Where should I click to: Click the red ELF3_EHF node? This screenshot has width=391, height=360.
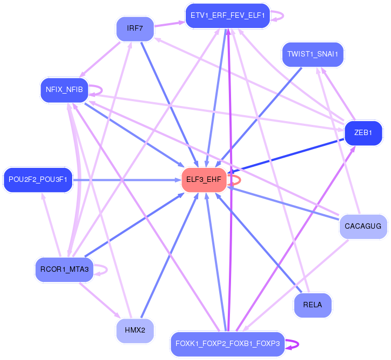(x=204, y=180)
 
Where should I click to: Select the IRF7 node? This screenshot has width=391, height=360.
(x=135, y=29)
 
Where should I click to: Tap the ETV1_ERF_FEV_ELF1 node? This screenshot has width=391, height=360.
(x=227, y=16)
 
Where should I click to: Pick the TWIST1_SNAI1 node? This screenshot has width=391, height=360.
(x=312, y=54)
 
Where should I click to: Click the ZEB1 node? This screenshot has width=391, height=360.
(x=363, y=133)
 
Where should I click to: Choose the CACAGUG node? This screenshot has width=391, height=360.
(x=363, y=226)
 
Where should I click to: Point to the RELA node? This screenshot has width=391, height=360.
(x=312, y=305)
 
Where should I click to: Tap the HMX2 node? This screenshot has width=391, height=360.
(x=135, y=331)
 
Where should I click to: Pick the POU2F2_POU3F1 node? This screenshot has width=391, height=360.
(x=37, y=180)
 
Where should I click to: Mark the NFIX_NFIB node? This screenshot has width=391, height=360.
(x=64, y=90)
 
